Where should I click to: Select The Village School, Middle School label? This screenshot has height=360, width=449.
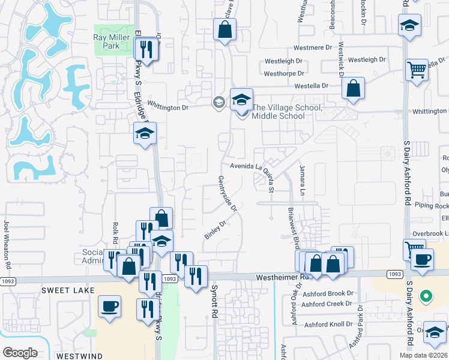coord(286,112)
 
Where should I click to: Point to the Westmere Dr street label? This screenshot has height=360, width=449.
coord(312,47)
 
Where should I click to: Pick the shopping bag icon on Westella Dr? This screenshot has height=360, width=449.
coord(354,89)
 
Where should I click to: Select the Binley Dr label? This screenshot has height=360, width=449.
coord(214,230)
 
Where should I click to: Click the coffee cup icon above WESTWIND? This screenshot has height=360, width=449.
coord(110,306)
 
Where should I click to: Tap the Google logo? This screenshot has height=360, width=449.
coord(20,352)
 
